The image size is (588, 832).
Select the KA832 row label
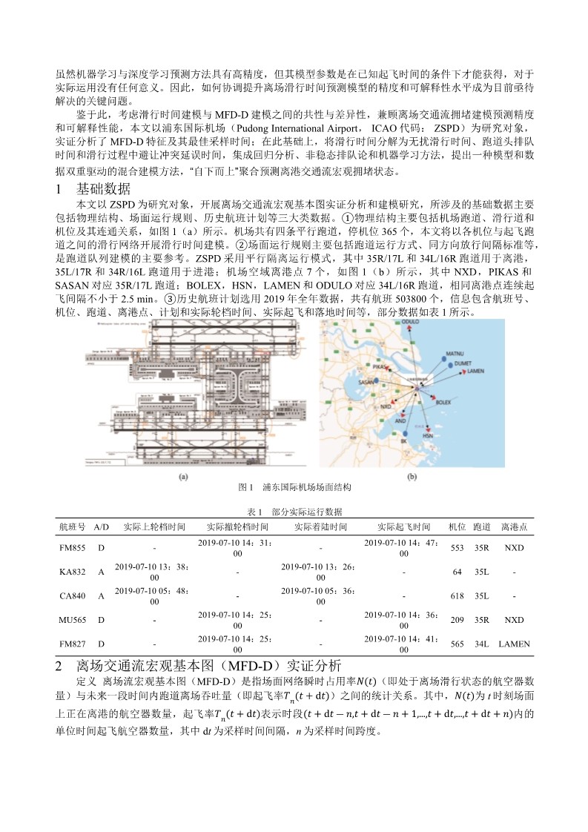[72, 572]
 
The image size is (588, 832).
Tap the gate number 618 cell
[457, 595]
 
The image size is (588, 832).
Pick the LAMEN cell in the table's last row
[514, 644]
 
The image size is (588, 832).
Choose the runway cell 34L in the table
[481, 644]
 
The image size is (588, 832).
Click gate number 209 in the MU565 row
[457, 620]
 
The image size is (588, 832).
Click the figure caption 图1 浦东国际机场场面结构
[294, 488]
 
